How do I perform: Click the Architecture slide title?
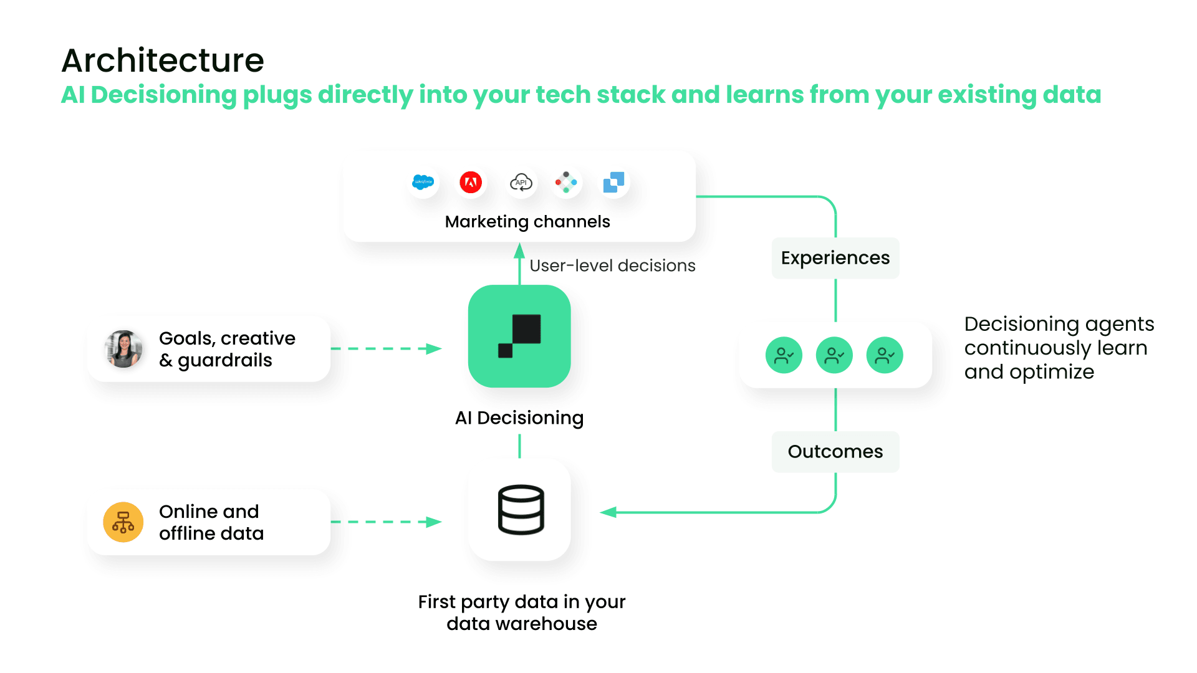click(163, 60)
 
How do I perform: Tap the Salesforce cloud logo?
click(423, 183)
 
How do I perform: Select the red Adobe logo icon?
click(471, 183)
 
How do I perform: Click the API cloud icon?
click(521, 183)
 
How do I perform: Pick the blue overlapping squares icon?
click(613, 182)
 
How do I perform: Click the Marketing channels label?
click(527, 222)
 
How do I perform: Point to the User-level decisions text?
click(612, 266)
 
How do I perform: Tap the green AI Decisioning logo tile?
click(519, 336)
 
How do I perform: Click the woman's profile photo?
click(123, 349)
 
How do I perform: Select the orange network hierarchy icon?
click(123, 522)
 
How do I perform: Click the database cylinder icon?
click(521, 510)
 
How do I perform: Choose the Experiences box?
click(835, 258)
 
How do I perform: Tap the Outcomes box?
click(835, 452)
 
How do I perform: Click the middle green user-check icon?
click(834, 355)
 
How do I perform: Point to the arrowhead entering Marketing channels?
click(519, 251)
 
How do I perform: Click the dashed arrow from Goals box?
click(386, 349)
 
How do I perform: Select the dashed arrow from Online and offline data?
click(386, 522)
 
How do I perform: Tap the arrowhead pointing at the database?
click(608, 512)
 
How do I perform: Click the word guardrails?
click(225, 361)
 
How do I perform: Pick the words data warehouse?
click(522, 624)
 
